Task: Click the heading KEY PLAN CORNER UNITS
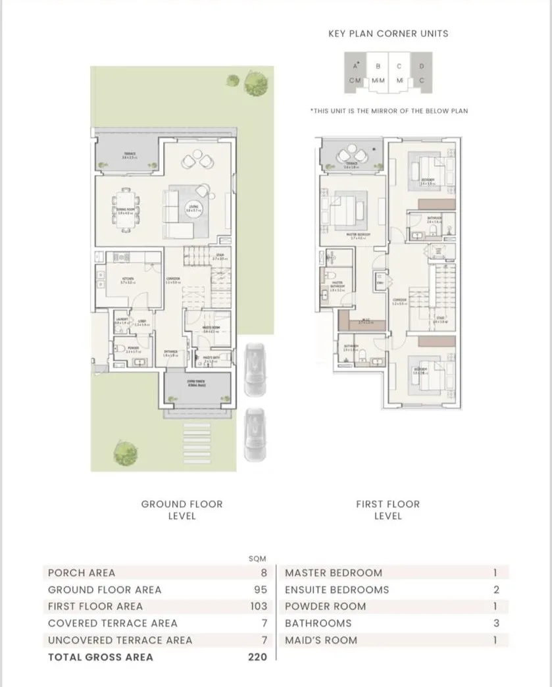pos(388,34)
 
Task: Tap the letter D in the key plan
pos(422,66)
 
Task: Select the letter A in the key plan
pos(355,66)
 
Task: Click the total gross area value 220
pos(259,657)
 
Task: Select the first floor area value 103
pos(259,606)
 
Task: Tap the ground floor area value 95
pos(261,590)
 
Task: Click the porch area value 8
pos(264,572)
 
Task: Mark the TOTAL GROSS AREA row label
pos(100,657)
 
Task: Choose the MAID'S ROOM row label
pos(321,640)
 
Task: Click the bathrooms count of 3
pos(496,623)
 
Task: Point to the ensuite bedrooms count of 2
pos(496,590)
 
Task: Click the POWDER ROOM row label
pos(325,606)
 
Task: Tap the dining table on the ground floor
pos(126,210)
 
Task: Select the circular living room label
pos(194,208)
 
